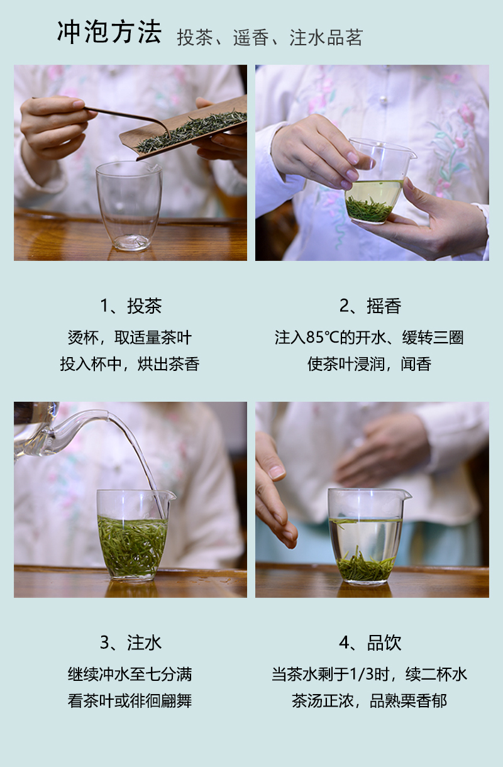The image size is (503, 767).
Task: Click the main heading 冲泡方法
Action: point(109,32)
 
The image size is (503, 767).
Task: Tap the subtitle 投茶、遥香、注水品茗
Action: point(270,38)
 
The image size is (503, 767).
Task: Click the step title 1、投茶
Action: point(131,306)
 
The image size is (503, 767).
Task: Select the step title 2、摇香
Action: point(370,306)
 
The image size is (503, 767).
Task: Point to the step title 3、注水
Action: point(131,643)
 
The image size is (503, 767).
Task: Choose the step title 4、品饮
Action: point(370,643)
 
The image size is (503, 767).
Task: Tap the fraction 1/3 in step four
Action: point(361,674)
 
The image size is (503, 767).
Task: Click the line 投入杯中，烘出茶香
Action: point(130,364)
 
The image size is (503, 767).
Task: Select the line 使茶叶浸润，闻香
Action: point(369,364)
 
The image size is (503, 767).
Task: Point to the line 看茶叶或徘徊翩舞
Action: point(130,700)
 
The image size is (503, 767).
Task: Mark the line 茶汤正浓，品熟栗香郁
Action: point(370,700)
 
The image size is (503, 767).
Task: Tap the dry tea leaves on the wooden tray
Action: point(192,130)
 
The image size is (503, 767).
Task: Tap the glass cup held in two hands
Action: point(377,181)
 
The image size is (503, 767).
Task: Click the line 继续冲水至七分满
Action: point(130,674)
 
